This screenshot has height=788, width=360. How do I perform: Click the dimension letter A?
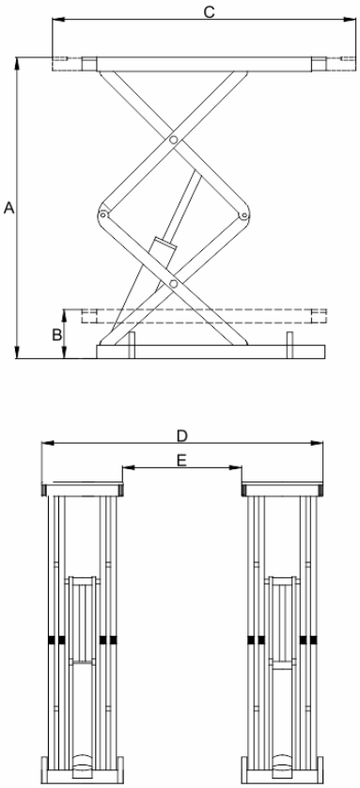click(9, 208)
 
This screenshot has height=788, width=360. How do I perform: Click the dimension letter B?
click(56, 334)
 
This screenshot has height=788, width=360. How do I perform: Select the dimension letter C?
click(209, 12)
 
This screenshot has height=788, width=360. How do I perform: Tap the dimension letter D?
click(181, 435)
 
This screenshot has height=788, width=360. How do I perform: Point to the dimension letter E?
click(181, 461)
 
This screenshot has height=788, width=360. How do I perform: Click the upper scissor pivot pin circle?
click(173, 140)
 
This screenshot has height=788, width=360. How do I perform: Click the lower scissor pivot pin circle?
click(174, 284)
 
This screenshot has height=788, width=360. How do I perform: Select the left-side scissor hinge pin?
click(103, 214)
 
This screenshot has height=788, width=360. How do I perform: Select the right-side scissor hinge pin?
click(244, 216)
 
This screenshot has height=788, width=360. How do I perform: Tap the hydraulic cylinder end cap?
click(164, 244)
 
